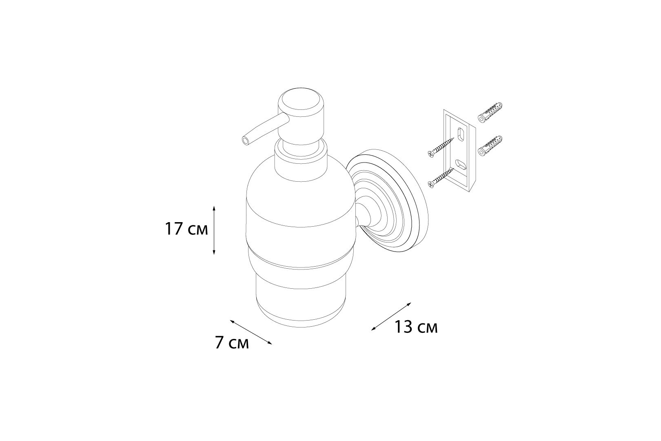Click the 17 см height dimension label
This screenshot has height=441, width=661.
[186, 229]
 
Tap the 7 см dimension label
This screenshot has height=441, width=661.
[232, 343]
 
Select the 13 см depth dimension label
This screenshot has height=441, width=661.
[416, 327]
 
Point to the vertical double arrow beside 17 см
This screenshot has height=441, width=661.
[214, 230]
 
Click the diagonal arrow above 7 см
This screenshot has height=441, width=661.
[251, 332]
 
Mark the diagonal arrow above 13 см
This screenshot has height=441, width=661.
[391, 316]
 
